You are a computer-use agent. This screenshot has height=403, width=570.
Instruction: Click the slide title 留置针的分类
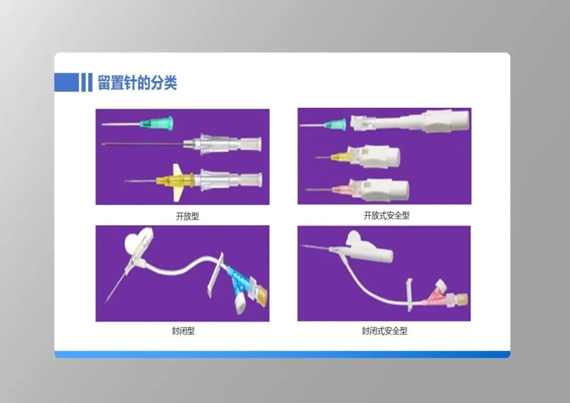137,83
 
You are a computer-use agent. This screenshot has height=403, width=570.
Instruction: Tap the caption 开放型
187,216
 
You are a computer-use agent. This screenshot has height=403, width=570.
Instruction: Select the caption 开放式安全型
386,216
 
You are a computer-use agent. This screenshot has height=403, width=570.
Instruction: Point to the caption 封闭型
183,331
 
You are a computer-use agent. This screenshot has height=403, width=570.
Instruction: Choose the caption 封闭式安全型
384,331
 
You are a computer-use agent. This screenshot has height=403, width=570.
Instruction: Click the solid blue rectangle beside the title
66,82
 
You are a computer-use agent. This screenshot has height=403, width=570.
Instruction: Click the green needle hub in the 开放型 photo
157,123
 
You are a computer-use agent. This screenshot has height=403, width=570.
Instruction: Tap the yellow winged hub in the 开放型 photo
175,180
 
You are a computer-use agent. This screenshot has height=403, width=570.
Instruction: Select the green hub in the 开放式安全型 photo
336,125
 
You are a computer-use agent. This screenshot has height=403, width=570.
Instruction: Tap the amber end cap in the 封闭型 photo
260,294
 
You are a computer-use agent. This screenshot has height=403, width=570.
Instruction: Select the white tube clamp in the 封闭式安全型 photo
410,294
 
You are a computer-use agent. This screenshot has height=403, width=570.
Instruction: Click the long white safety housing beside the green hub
410,121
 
